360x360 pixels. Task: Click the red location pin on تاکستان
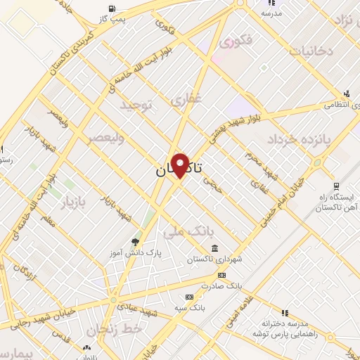[180, 165]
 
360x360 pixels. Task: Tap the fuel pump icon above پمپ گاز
[112, 8]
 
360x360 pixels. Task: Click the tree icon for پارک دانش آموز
[134, 240]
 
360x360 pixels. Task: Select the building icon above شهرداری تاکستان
[214, 249]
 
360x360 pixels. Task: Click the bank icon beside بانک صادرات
[222, 275]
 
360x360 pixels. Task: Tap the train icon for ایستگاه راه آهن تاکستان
[336, 186]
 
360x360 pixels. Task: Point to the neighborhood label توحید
[136, 105]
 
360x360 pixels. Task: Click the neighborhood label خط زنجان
[115, 328]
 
